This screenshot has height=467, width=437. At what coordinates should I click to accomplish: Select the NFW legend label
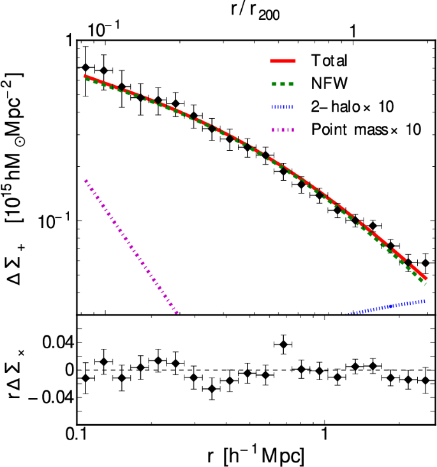coord(329,84)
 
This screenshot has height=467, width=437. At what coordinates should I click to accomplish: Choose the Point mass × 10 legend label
coord(367,129)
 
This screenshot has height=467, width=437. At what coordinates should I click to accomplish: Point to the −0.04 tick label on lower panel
coord(45,397)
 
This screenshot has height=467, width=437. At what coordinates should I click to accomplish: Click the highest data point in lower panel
coord(283,344)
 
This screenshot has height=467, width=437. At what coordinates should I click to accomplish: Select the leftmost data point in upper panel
coord(86,68)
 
